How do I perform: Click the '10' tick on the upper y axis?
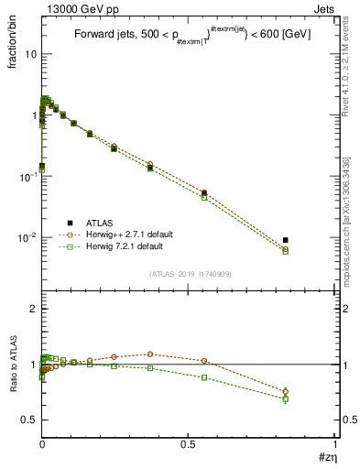[30, 54]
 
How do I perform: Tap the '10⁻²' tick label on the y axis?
[27, 237]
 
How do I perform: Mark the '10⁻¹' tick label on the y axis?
[27, 177]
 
